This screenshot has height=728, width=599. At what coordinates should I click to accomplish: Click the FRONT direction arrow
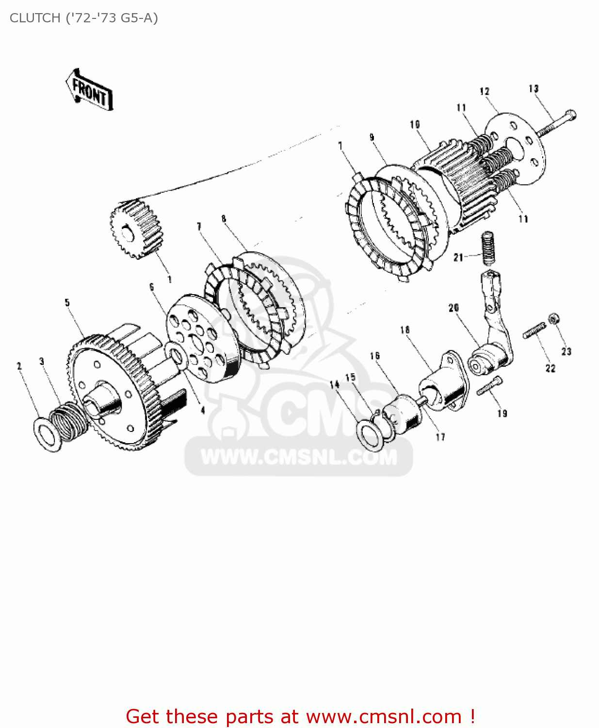90,90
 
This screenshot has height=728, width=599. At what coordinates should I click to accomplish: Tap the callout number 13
534,89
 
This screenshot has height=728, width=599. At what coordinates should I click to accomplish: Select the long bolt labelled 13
558,123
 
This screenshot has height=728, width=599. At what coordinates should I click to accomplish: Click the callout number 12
485,91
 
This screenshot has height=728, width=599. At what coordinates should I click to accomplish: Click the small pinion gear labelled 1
136,228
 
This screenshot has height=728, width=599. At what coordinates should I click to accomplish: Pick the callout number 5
67,302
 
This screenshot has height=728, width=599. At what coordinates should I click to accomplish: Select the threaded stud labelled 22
534,331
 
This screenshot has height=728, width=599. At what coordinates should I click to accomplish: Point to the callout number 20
453,308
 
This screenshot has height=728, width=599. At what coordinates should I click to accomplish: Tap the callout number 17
440,437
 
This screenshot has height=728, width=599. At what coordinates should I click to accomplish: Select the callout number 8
224,219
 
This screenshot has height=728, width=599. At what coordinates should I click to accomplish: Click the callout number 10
415,125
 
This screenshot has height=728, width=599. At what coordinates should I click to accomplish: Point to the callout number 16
374,356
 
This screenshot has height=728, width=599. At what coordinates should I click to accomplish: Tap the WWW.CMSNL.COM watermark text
299,457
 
